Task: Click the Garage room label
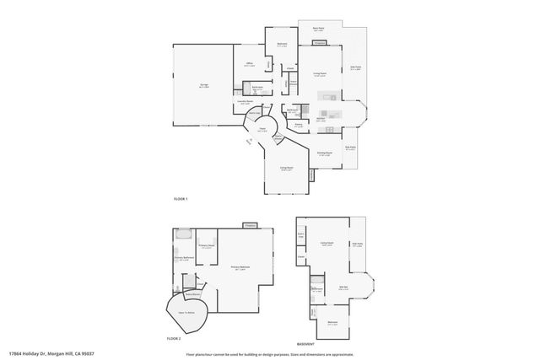click(203, 84)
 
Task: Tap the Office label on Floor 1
click(251, 64)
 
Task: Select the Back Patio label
click(319, 28)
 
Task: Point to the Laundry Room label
click(244, 101)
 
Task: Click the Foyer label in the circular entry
click(262, 129)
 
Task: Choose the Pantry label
click(298, 125)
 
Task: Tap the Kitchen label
click(321, 118)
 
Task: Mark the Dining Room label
click(324, 153)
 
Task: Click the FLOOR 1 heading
click(181, 198)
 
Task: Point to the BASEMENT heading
click(306, 343)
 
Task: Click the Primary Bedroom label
click(239, 267)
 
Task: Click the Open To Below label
click(186, 311)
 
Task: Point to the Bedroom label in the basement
click(333, 321)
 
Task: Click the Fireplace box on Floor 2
click(250, 225)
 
